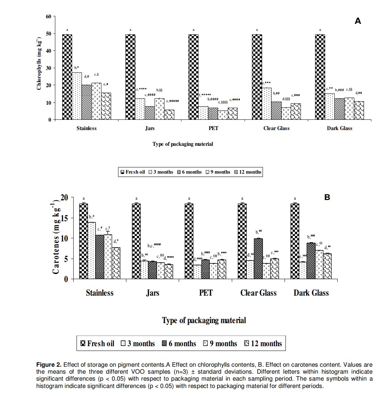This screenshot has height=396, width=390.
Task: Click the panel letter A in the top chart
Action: [358, 21]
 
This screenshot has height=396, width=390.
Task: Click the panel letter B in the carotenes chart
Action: [327, 197]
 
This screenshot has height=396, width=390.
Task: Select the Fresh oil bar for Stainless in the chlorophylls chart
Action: [67, 77]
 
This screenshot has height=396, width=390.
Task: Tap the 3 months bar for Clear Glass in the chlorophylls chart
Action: [267, 104]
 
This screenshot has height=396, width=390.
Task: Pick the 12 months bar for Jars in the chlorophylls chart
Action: [169, 115]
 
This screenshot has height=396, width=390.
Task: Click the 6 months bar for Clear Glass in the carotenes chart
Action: [259, 259]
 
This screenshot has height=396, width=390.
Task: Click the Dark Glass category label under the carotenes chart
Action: [311, 293]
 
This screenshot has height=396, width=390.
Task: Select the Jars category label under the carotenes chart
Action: [152, 293]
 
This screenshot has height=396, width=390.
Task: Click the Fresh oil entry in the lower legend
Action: [97, 344]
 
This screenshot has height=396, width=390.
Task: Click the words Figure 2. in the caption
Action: [49, 365]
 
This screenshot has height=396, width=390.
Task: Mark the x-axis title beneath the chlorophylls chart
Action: [183, 144]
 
